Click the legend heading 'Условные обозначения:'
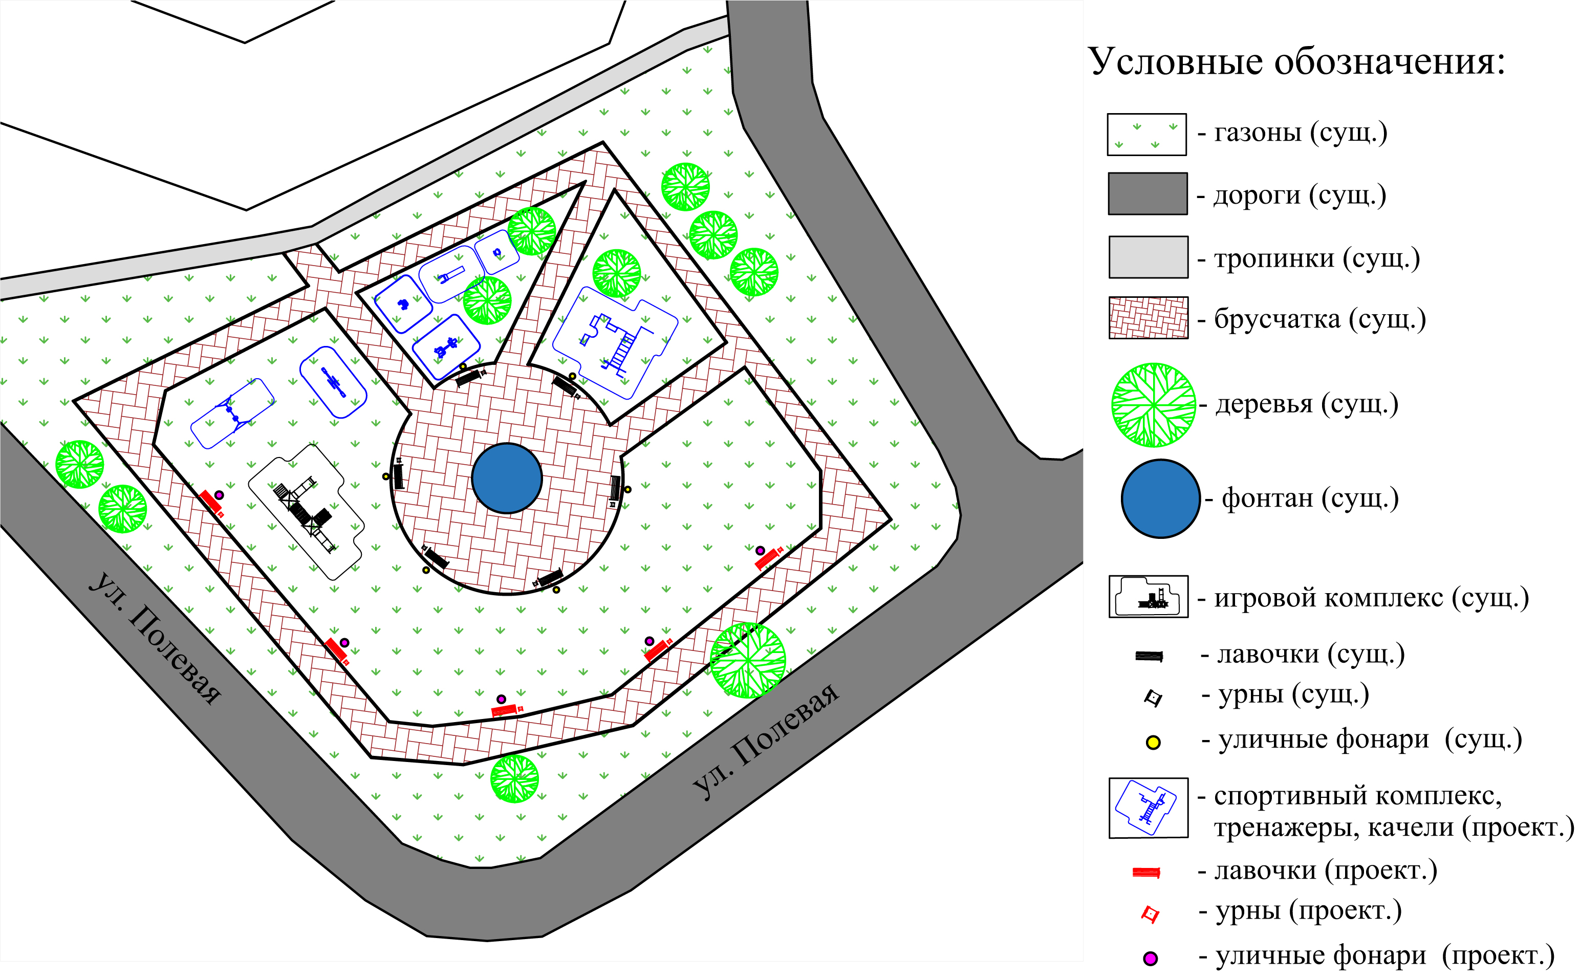click(x=1296, y=62)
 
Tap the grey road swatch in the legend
click(x=1148, y=193)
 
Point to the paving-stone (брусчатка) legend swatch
click(x=1148, y=318)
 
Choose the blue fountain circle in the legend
click(x=1160, y=498)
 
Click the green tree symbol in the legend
click(x=1153, y=405)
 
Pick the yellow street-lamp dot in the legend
click(x=1153, y=742)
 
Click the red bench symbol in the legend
click(x=1145, y=873)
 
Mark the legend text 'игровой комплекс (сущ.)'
click(x=1371, y=598)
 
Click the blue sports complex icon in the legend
click(x=1148, y=808)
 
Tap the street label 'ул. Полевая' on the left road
click(x=156, y=638)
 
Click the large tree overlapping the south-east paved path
click(x=748, y=661)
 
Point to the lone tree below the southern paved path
click(x=514, y=779)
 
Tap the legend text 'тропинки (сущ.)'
click(x=1316, y=258)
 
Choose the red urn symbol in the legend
click(x=1150, y=914)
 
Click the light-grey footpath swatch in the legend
click(x=1148, y=257)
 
